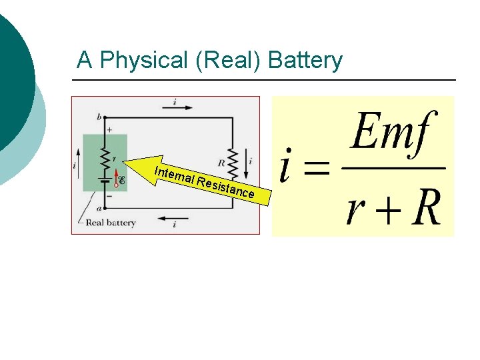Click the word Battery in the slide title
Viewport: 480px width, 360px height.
click(305, 61)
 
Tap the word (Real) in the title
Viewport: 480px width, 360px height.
click(228, 61)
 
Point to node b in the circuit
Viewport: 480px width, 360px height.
click(100, 117)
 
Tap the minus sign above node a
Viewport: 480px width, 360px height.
click(109, 196)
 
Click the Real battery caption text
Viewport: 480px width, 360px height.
click(110, 223)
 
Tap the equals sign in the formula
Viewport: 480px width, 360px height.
click(317, 168)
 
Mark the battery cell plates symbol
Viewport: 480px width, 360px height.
click(105, 180)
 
